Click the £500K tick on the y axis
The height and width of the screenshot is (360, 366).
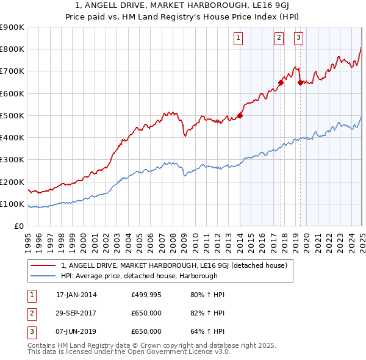tap(13, 115)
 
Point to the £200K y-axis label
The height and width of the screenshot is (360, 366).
tap(13, 182)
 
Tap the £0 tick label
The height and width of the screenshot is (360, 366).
tap(19, 226)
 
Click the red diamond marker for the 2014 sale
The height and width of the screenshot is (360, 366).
tap(240, 115)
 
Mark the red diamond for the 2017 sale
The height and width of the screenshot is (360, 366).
tap(281, 82)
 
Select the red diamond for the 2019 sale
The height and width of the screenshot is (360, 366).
tap(300, 82)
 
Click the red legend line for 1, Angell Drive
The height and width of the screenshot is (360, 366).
tap(43, 265)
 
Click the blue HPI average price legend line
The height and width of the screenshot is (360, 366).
tap(43, 276)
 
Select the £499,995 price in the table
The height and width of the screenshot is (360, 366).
tap(146, 295)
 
